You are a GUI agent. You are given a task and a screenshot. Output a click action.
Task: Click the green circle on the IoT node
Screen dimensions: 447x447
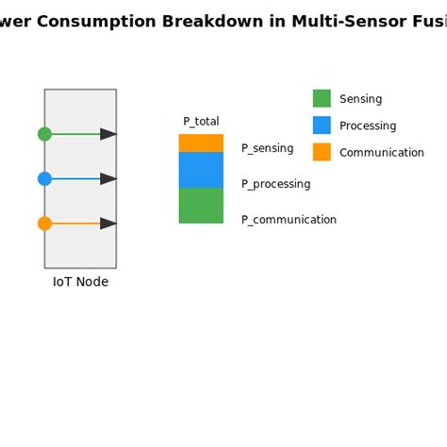click(x=44, y=134)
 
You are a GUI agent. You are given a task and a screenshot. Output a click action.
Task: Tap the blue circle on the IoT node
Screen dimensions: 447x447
click(x=44, y=178)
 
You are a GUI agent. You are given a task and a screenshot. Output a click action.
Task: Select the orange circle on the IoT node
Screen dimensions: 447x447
click(x=44, y=223)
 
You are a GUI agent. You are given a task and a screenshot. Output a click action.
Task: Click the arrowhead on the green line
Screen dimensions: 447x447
click(x=108, y=134)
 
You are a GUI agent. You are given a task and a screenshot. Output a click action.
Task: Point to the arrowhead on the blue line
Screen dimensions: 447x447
click(x=108, y=178)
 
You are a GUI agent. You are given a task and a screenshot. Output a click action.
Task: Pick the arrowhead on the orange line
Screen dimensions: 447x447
click(x=108, y=223)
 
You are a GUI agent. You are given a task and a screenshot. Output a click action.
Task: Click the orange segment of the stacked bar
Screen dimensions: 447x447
click(x=201, y=143)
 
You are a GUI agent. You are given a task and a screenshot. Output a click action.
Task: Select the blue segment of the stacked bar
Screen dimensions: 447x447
click(x=201, y=170)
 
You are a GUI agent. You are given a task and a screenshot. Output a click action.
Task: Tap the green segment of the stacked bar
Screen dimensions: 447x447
click(x=201, y=206)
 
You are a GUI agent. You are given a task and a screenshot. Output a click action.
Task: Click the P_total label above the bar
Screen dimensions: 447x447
click(x=201, y=122)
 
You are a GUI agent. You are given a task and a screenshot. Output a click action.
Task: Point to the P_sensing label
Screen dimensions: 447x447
click(x=267, y=148)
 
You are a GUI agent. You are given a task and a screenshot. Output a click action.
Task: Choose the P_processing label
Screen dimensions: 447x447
click(x=275, y=184)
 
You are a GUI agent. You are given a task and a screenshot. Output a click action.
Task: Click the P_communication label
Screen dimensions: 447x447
click(x=289, y=220)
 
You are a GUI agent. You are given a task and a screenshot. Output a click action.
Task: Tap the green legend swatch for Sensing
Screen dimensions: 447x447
click(x=322, y=99)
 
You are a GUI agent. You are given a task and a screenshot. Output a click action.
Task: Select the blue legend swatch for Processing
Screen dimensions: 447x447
click(x=322, y=125)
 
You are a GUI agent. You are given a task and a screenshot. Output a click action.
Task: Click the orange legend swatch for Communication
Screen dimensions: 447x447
click(x=322, y=152)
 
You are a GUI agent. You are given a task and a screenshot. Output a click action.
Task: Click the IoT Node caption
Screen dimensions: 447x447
click(x=80, y=282)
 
